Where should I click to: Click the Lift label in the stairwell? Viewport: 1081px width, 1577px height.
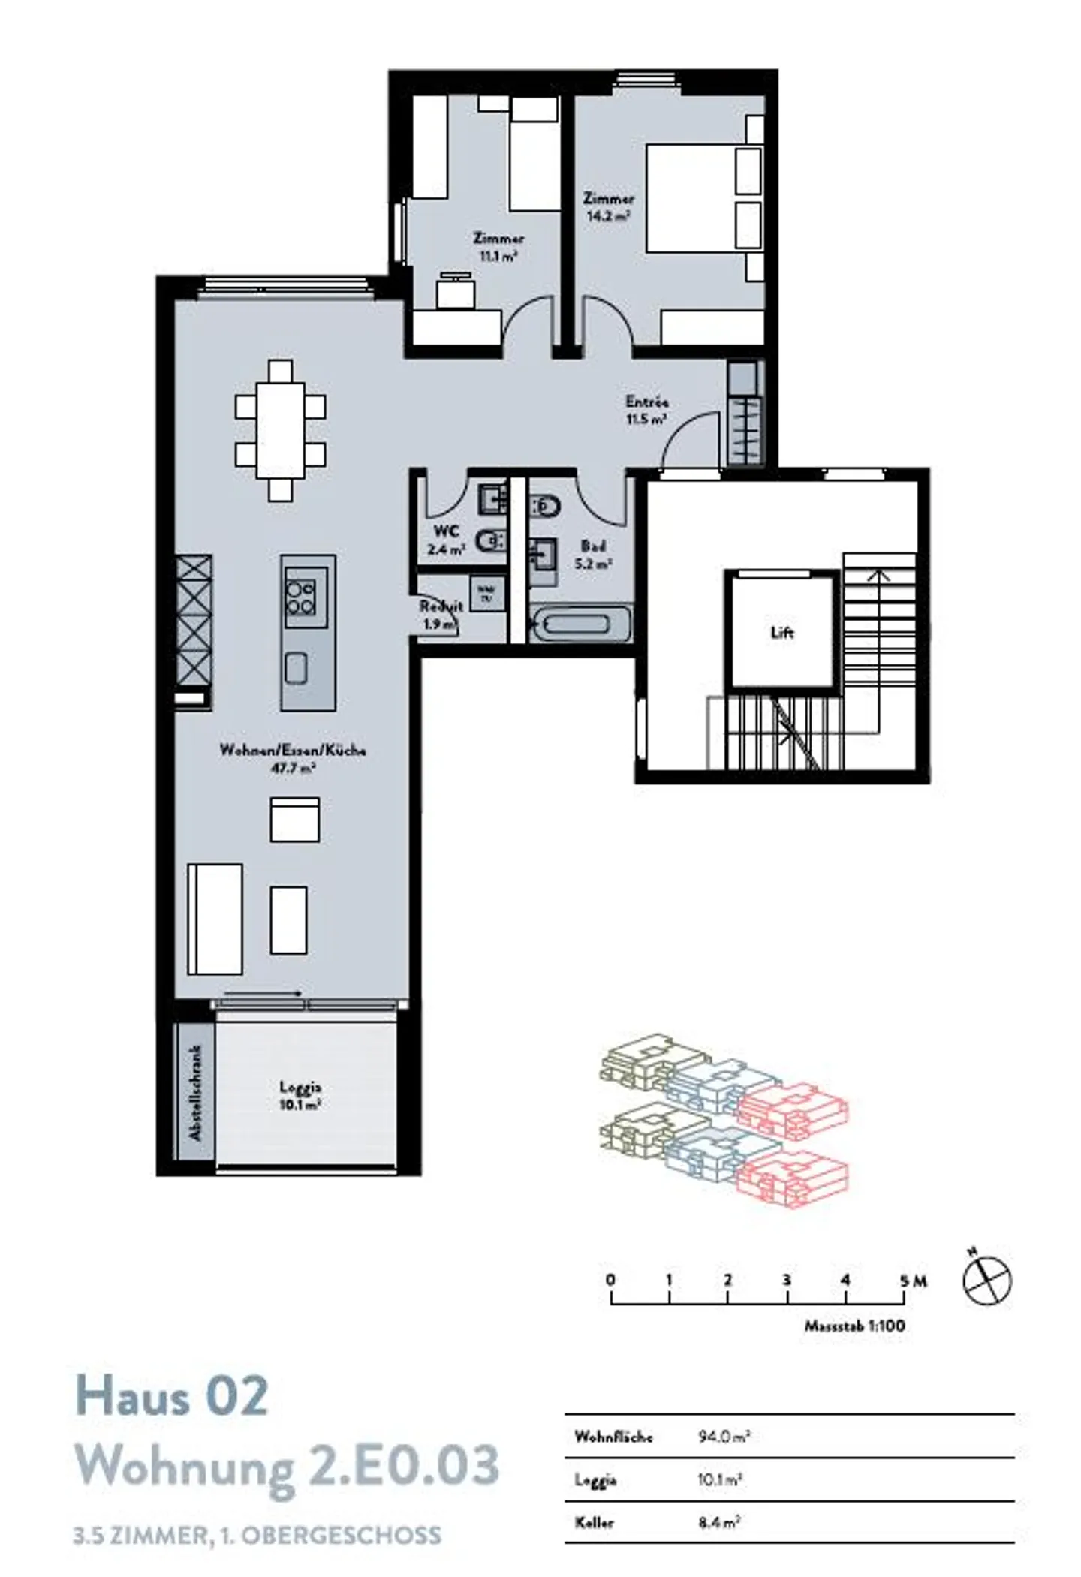[781, 633]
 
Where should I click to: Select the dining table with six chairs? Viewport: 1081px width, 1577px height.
[280, 430]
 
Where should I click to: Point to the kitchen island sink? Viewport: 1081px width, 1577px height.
[296, 668]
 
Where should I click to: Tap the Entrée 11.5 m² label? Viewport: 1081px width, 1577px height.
[647, 411]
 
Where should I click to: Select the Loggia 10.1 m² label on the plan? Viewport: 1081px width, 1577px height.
[300, 1095]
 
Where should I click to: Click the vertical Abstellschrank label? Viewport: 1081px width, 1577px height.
[196, 1093]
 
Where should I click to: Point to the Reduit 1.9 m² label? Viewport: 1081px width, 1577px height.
[441, 615]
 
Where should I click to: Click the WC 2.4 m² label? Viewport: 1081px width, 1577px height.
[446, 540]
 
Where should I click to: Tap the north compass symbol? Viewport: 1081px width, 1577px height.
[986, 1280]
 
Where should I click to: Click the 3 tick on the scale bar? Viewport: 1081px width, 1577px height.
[786, 1280]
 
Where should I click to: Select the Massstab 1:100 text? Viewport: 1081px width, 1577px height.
[854, 1326]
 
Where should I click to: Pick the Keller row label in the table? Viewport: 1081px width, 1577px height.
[594, 1523]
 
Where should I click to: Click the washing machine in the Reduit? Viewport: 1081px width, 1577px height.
[486, 593]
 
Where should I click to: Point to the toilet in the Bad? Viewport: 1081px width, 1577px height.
[546, 508]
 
